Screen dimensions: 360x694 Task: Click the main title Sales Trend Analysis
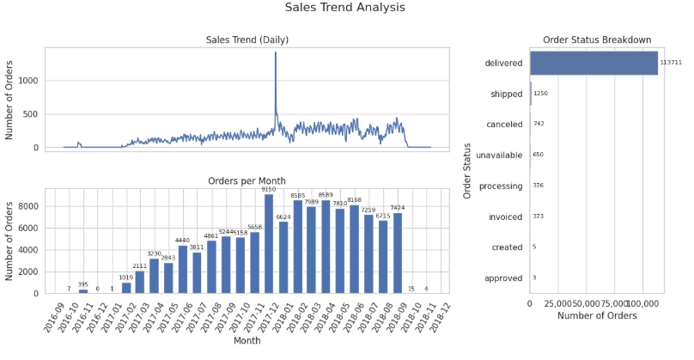pyautogui.click(x=344, y=8)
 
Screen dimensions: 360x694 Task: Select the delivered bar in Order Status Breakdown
pyautogui.click(x=594, y=63)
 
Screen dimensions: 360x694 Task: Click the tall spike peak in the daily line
pyautogui.click(x=276, y=53)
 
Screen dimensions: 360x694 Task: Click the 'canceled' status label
pyautogui.click(x=504, y=125)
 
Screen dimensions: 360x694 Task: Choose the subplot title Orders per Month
pyautogui.click(x=247, y=181)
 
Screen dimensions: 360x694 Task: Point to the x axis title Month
pyautogui.click(x=247, y=341)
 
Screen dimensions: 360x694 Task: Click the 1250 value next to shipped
pyautogui.click(x=540, y=94)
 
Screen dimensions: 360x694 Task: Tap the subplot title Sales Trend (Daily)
pyautogui.click(x=247, y=40)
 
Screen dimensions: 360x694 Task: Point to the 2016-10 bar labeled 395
pyautogui.click(x=83, y=291)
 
